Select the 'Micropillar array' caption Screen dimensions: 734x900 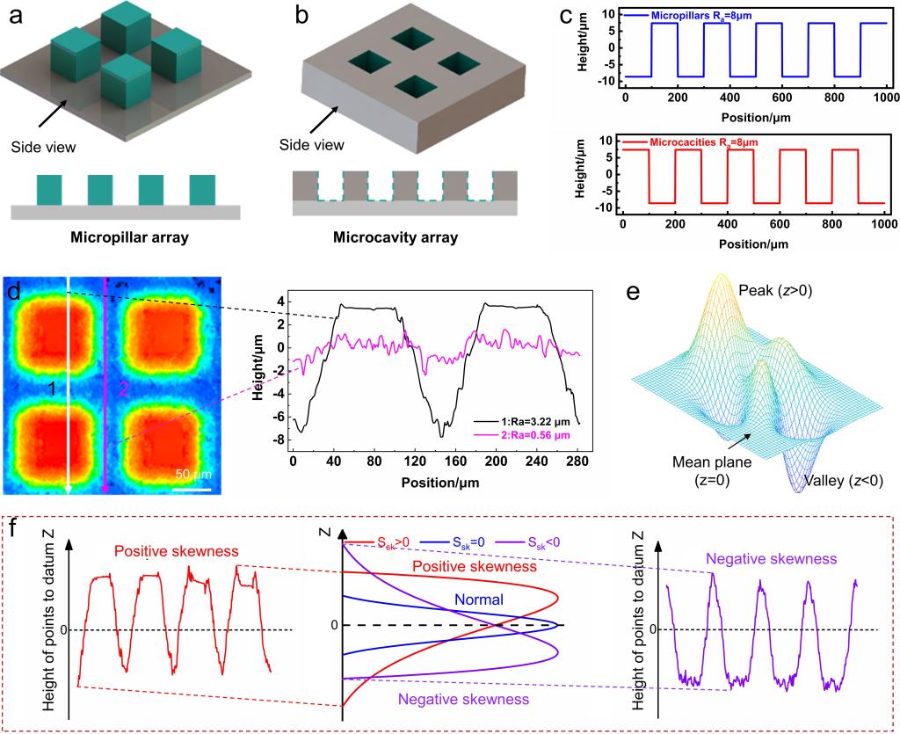tap(126, 236)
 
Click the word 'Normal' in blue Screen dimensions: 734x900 tap(478, 600)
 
